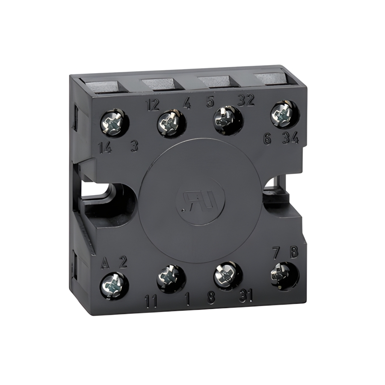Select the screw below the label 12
coord(171,122)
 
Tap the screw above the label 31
coord(226,274)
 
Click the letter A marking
coord(105,262)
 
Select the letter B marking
coord(293,252)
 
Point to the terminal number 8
coord(211,298)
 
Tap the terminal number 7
coord(276,253)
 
